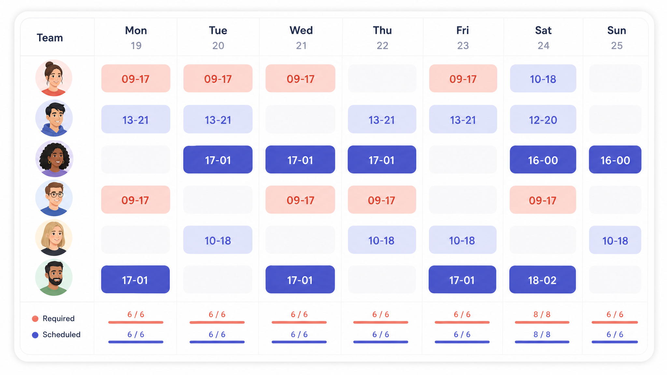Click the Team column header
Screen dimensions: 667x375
[50, 38]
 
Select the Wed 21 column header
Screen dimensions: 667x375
[301, 37]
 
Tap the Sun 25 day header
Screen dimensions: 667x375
[617, 37]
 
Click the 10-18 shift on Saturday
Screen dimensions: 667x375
[543, 78]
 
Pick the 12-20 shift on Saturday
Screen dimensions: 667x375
[543, 119]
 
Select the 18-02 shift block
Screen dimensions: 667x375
[543, 280]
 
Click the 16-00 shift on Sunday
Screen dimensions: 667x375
[615, 160]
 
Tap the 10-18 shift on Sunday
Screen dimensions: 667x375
[615, 240]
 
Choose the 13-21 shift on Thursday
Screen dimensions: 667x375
[382, 119]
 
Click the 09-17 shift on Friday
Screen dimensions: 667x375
[463, 78]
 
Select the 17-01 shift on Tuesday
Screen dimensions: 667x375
[218, 160]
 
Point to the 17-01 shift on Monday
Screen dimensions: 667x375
[135, 280]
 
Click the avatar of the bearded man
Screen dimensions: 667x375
[54, 277]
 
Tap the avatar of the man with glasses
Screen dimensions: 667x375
[54, 198]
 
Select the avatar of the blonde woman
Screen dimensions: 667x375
[54, 238]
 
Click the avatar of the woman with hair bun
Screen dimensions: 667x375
[54, 78]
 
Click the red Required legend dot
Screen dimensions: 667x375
[35, 319]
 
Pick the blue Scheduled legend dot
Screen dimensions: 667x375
[35, 335]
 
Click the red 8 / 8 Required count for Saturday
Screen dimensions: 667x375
[542, 314]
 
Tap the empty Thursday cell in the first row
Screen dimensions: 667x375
[382, 78]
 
